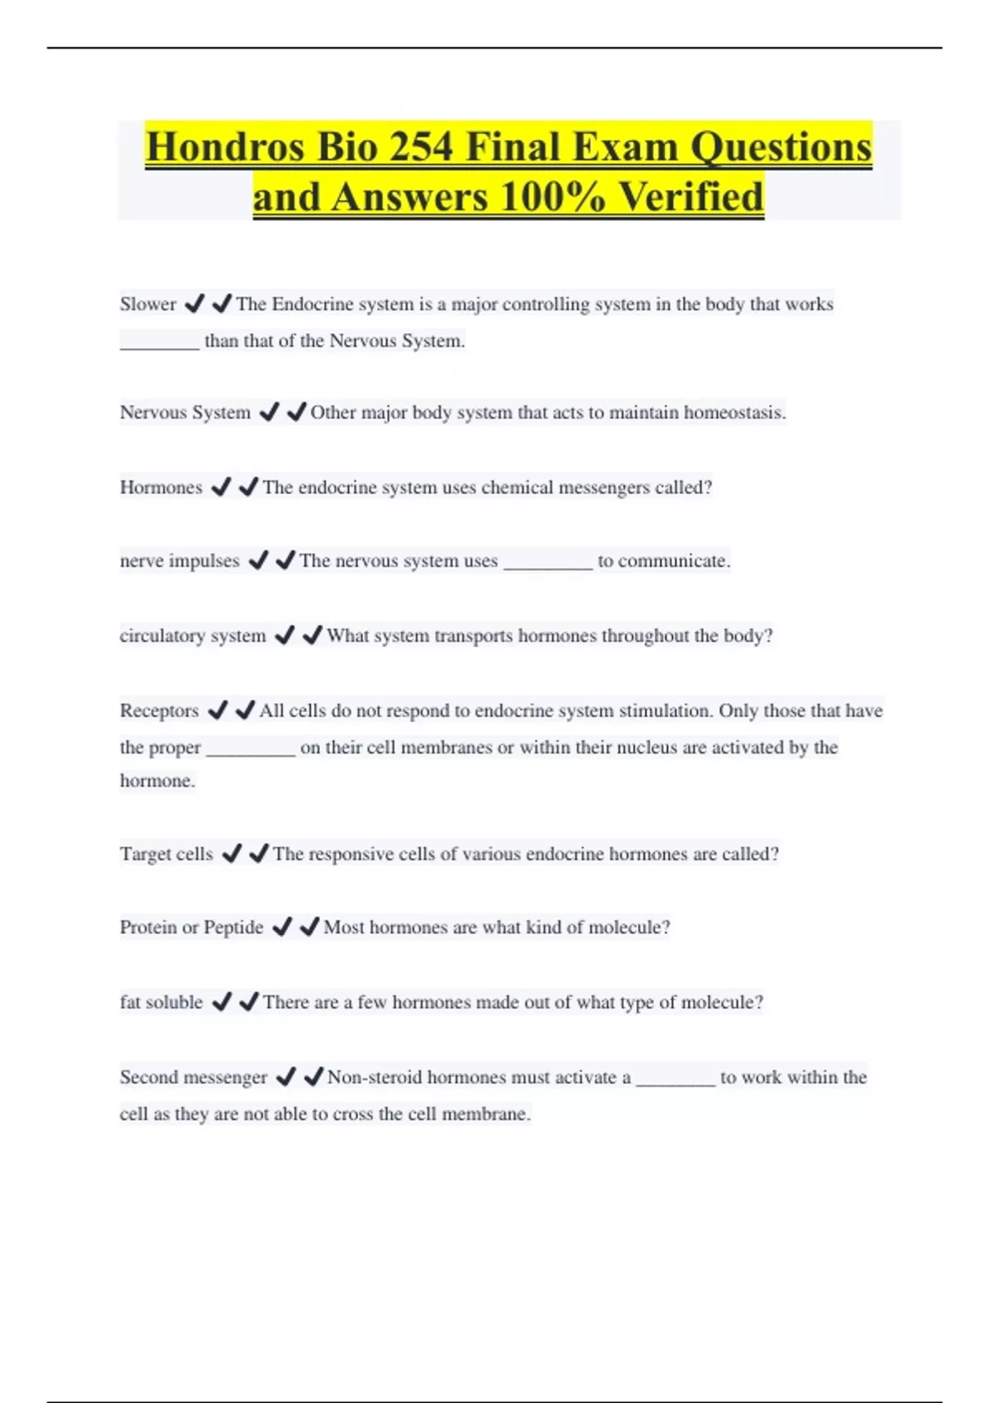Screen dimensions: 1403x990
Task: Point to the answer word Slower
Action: click(148, 305)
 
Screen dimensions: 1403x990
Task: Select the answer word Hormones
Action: click(161, 488)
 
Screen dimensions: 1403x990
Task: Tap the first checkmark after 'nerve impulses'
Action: click(258, 561)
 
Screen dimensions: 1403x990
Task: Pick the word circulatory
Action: click(163, 636)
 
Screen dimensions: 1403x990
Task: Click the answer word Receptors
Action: click(159, 711)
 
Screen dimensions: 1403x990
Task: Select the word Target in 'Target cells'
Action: click(144, 854)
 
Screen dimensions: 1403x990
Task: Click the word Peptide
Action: click(233, 928)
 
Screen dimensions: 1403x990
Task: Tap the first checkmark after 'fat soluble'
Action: click(221, 1002)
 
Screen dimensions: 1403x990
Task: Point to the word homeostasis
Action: click(738, 413)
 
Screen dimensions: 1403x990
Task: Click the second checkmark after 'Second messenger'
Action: click(313, 1077)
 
